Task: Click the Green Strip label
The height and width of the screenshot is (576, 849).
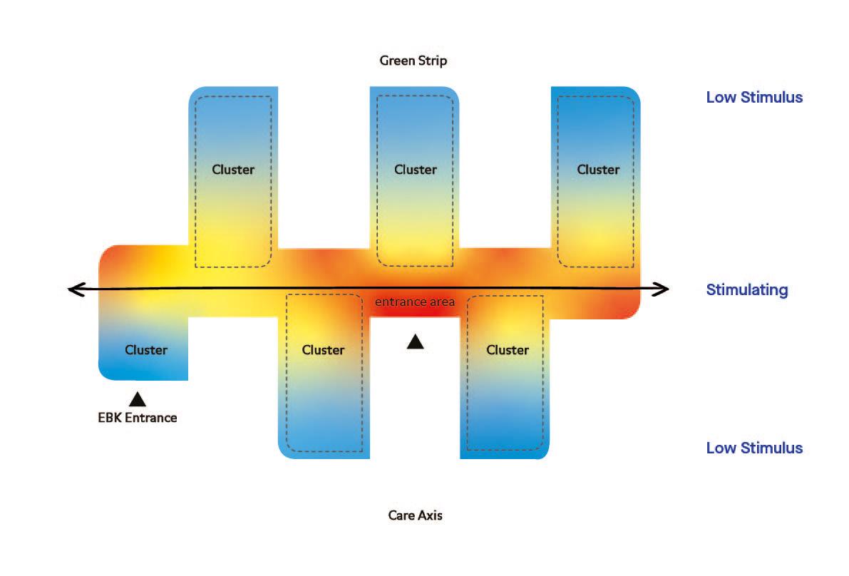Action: tap(413, 61)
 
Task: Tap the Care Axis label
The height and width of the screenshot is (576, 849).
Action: tap(415, 515)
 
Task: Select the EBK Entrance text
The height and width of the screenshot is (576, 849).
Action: tap(137, 418)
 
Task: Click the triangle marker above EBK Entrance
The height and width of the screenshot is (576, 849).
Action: tap(138, 398)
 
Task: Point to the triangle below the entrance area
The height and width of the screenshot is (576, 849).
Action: tap(416, 342)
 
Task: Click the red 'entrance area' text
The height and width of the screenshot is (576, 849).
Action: tap(415, 302)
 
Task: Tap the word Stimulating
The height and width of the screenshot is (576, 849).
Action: tap(747, 290)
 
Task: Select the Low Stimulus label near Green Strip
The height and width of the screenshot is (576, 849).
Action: tap(754, 98)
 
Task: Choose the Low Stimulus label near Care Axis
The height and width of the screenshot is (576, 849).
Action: tap(754, 448)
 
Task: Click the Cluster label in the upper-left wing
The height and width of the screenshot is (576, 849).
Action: tap(233, 170)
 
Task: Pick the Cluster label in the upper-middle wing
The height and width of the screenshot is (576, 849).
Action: tap(416, 170)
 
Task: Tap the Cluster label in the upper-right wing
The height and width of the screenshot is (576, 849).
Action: tap(598, 170)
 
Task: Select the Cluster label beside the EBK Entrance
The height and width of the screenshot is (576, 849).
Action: tap(146, 350)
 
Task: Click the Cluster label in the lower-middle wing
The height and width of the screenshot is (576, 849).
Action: tap(323, 350)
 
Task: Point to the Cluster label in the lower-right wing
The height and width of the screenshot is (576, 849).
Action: tap(508, 350)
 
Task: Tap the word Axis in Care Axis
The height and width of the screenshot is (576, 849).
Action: tap(430, 515)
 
